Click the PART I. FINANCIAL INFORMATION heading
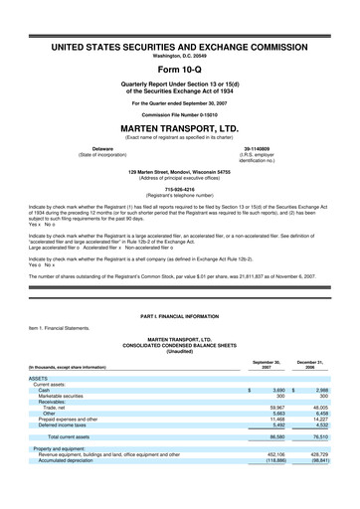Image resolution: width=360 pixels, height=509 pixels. pyautogui.click(x=180, y=315)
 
